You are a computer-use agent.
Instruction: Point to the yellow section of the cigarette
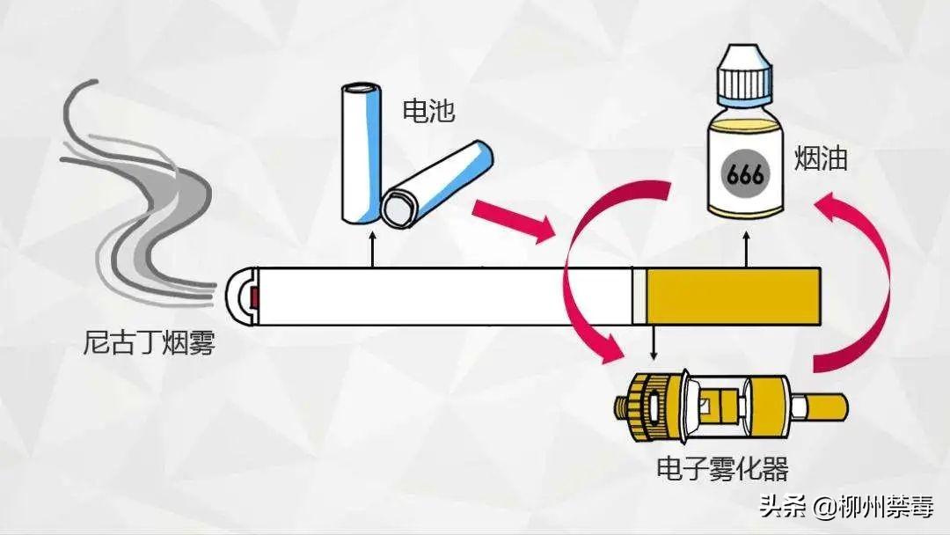pyautogui.click(x=734, y=295)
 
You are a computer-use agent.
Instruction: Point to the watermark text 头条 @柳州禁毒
pyautogui.click(x=844, y=508)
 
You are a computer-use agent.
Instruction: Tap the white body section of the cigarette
pyautogui.click(x=440, y=297)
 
